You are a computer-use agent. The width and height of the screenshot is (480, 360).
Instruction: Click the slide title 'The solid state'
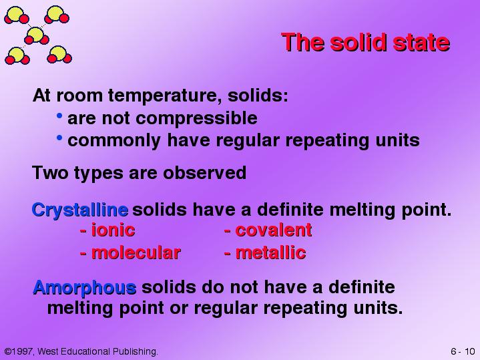[366, 42]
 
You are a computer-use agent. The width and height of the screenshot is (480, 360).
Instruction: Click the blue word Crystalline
[80, 210]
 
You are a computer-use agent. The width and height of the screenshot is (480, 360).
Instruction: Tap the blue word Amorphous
[85, 288]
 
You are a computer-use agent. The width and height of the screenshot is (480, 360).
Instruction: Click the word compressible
[196, 119]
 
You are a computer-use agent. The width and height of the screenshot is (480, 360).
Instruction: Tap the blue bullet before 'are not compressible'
[59, 116]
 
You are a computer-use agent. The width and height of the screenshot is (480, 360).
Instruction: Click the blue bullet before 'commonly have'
[59, 138]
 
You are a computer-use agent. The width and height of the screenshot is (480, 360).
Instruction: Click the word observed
[204, 172]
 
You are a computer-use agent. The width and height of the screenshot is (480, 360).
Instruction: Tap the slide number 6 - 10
[463, 351]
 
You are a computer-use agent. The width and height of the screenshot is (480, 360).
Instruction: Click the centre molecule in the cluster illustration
[36, 35]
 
